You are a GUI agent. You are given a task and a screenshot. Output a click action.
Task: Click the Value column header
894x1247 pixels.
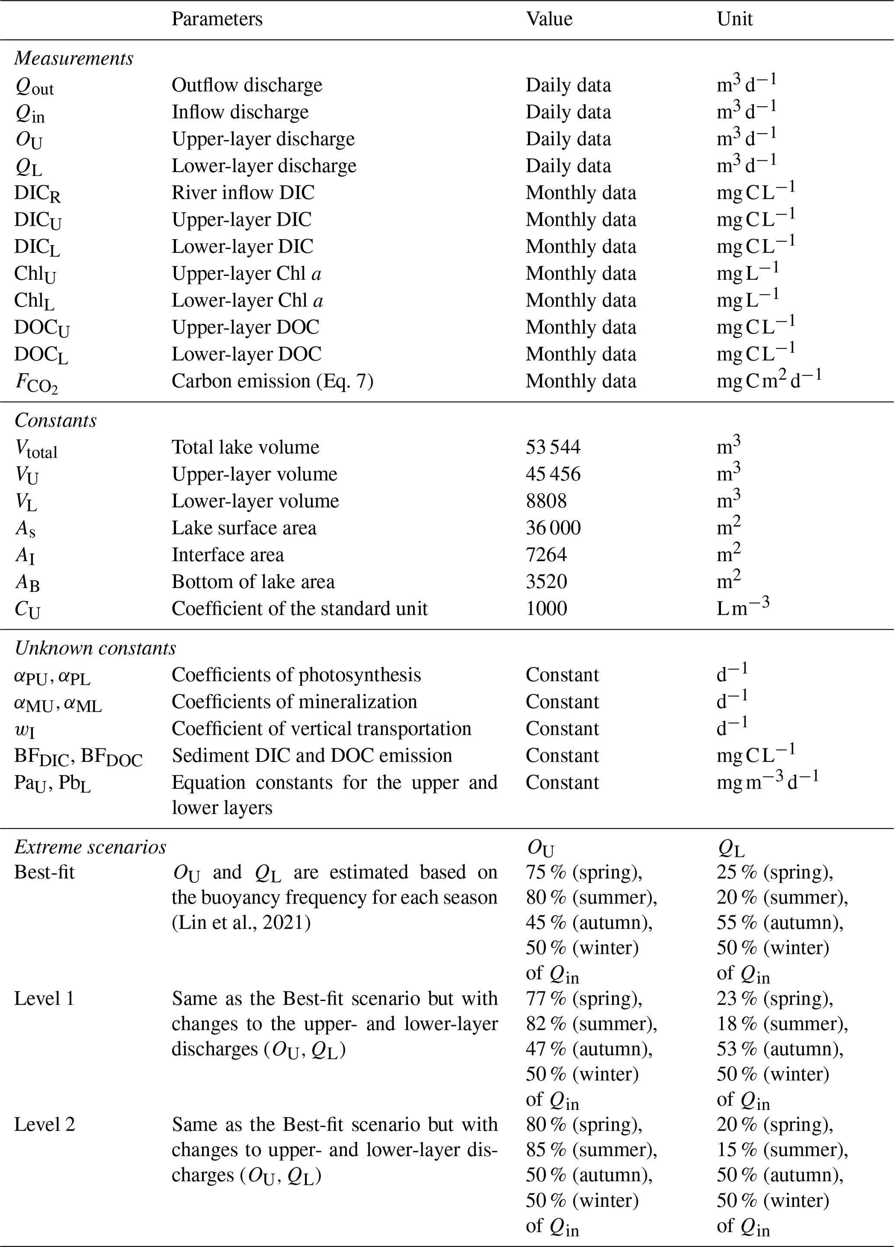[x=549, y=19]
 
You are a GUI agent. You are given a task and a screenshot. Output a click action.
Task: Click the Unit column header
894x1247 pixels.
[x=734, y=19]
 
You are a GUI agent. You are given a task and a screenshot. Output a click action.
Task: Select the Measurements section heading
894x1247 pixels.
[x=74, y=58]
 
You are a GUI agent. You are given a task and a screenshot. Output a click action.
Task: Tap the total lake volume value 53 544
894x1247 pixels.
[x=553, y=447]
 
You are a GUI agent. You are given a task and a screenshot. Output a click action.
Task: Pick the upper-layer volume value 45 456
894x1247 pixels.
[x=553, y=474]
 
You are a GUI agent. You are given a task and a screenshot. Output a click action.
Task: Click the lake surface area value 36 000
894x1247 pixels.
[x=553, y=528]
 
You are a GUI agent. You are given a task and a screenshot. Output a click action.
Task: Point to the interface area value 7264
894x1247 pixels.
[x=545, y=555]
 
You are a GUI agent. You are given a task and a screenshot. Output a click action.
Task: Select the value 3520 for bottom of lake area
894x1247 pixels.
[x=545, y=582]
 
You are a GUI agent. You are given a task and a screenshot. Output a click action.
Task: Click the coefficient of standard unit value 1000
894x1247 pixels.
[x=545, y=609]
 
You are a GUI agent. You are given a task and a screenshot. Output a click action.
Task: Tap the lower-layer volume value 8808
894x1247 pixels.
[x=545, y=501]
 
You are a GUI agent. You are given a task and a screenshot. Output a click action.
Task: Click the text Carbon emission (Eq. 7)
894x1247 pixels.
[x=272, y=381]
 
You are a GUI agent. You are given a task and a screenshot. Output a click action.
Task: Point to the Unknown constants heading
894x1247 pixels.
[x=95, y=648]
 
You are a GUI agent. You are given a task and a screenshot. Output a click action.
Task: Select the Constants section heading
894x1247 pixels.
[x=55, y=421]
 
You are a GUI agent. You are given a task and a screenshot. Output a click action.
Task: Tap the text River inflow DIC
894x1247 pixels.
[x=243, y=193]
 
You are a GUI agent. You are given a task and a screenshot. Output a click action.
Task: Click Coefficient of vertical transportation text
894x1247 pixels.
[x=321, y=729]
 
